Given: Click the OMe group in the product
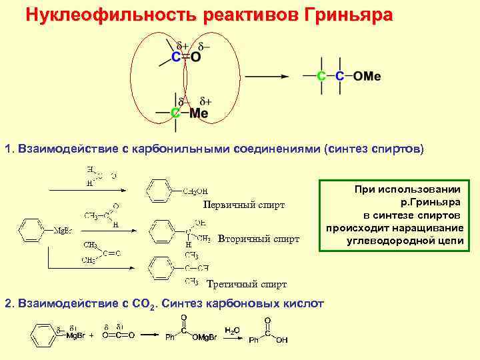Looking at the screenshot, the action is coord(367,76).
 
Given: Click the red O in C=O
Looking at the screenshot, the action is coord(195,58).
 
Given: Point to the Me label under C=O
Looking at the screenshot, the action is coord(199,113).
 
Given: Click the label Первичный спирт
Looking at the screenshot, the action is coord(244,205).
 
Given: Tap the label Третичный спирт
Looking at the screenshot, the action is coord(247,285).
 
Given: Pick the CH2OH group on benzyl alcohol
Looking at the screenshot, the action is coord(195,191).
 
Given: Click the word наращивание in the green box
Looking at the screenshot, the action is coord(440,228).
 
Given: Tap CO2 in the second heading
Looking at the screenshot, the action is coord(148,304).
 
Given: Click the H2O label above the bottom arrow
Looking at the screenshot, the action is coord(232,329).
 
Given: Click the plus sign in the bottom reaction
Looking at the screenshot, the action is coord(91,335).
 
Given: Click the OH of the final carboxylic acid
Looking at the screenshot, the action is coord(282,340).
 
